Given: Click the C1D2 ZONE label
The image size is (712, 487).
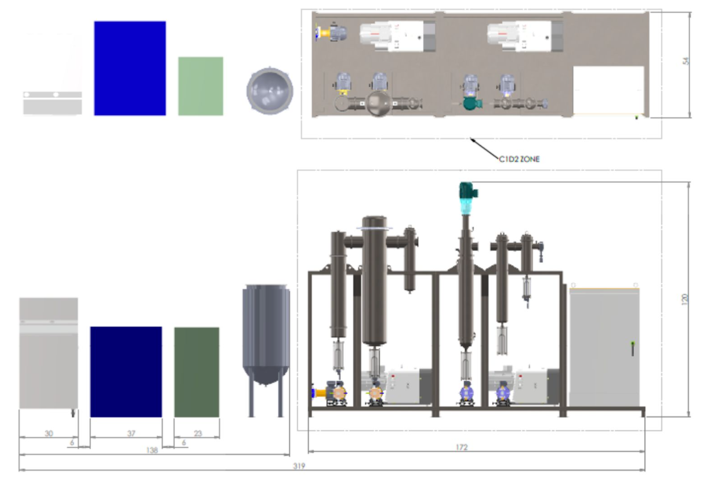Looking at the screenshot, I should click(519, 159).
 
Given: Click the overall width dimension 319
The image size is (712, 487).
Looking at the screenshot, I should click(299, 466).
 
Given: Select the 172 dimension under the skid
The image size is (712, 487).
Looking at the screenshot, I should click(461, 447).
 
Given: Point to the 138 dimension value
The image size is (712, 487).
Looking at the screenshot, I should click(152, 450).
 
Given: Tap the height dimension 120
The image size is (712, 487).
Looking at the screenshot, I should click(685, 299).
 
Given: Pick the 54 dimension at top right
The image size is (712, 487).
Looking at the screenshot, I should click(686, 61).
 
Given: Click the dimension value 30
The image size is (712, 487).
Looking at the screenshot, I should click(49, 434).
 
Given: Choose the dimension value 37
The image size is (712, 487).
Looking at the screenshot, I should click(131, 434).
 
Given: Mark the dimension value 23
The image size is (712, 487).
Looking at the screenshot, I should click(198, 434).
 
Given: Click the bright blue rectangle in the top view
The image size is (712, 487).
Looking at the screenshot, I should click(130, 68).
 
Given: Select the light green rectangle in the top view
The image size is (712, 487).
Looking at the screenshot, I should click(201, 86).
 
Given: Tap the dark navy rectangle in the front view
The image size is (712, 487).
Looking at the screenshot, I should click(126, 371).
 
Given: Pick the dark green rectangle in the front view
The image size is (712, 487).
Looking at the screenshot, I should click(197, 372).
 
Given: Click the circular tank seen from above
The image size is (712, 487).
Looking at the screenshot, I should click(270, 91).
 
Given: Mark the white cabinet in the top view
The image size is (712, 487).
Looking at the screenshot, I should click(608, 90).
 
